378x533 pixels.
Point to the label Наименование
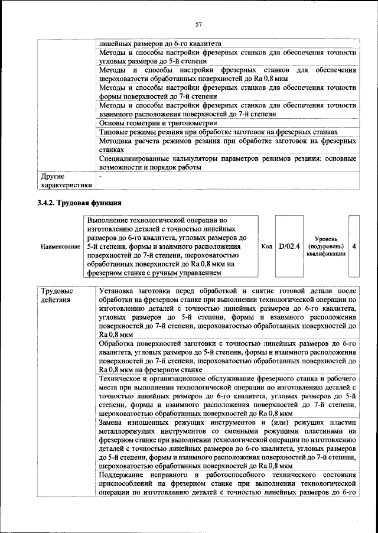[x=60, y=246]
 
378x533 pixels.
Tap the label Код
[x=267, y=246]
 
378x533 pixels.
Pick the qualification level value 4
[x=353, y=246]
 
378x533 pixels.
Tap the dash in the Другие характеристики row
[x=101, y=176]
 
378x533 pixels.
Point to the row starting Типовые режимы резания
[x=219, y=132]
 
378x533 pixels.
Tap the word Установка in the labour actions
[x=116, y=291]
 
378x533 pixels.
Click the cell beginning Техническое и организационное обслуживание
[x=227, y=396]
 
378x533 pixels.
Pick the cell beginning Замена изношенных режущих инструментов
[x=227, y=445]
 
